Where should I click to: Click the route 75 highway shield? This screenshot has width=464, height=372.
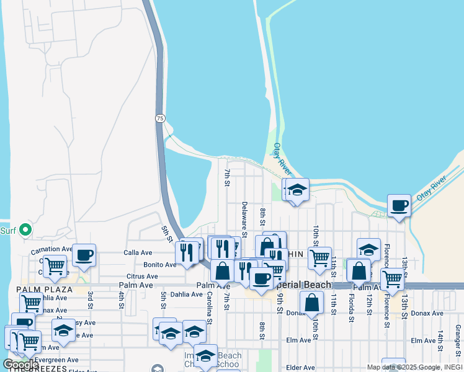[160, 118]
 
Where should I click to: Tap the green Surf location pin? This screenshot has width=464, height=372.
[25, 230]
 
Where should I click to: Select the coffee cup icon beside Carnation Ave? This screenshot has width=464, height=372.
[84, 254]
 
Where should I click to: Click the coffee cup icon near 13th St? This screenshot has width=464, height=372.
[399, 205]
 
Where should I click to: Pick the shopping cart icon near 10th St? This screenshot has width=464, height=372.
[319, 257]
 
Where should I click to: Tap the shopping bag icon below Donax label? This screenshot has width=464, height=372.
[311, 303]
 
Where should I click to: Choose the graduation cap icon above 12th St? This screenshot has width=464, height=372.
[368, 249]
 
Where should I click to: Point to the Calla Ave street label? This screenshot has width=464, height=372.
[138, 253]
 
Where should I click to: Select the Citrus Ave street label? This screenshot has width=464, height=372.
[142, 277]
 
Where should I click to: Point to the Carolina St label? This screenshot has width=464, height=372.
[209, 308]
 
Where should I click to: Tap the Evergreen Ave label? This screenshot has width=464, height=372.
[56, 360]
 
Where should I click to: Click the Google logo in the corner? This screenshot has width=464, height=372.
[20, 365]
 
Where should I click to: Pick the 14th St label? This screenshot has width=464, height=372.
[440, 342]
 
